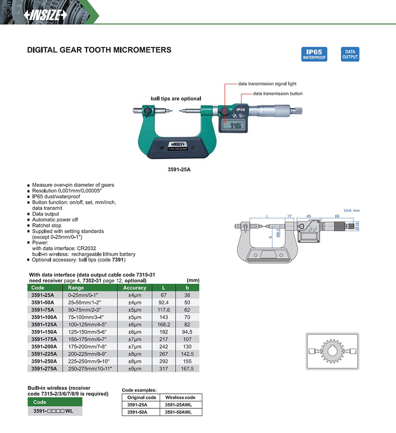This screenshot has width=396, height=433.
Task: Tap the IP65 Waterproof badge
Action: point(314,54)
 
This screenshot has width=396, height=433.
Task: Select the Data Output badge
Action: point(350,54)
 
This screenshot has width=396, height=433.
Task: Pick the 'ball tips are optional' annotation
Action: point(176,99)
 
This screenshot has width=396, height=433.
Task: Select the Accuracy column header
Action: point(134,288)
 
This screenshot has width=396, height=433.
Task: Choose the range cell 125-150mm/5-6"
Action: point(87,332)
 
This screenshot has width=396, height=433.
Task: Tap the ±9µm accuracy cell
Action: point(134,368)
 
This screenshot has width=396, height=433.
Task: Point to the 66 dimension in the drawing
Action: point(337,216)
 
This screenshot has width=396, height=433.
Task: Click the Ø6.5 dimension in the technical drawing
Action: point(278,233)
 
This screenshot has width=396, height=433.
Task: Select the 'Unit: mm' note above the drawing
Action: point(352,211)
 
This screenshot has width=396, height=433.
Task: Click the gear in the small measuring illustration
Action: point(332,351)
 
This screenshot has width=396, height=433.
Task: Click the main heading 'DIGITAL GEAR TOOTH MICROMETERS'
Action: point(99,50)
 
